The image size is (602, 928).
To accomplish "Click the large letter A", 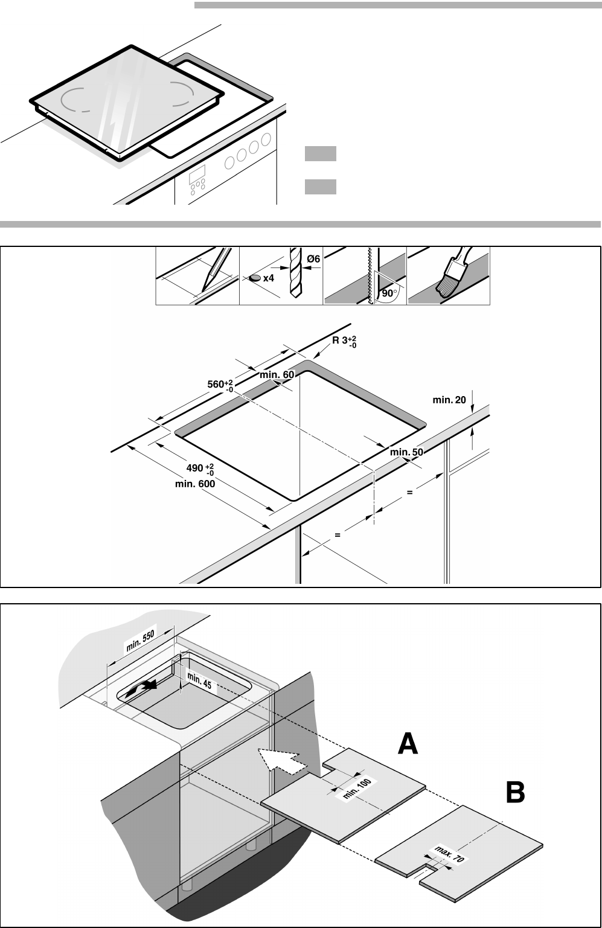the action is coord(408,744).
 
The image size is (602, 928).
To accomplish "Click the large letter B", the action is coord(516,793).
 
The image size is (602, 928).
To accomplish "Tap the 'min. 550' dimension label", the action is coord(141,641).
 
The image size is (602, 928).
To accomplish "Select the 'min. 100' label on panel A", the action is coord(357,789).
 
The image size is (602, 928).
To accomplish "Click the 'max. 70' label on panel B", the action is coord(449,854).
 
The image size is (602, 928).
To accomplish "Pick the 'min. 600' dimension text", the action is coord(194,484).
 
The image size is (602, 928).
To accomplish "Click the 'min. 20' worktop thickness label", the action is coord(449,400).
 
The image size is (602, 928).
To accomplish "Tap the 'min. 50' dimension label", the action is coord(406,452).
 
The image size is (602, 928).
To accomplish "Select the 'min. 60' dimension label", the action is coord(277,374).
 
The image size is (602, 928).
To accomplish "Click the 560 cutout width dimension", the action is coord(220,385).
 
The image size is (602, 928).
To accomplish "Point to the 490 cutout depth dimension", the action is coord(200,469).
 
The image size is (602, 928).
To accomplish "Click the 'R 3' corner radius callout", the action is coord(344,341).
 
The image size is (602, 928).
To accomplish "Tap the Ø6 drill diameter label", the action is coord(313,259).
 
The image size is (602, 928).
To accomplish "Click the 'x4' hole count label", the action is coord(269,278).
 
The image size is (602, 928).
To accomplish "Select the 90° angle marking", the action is coord(389,293).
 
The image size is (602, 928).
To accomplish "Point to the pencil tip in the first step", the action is coord(203,291).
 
